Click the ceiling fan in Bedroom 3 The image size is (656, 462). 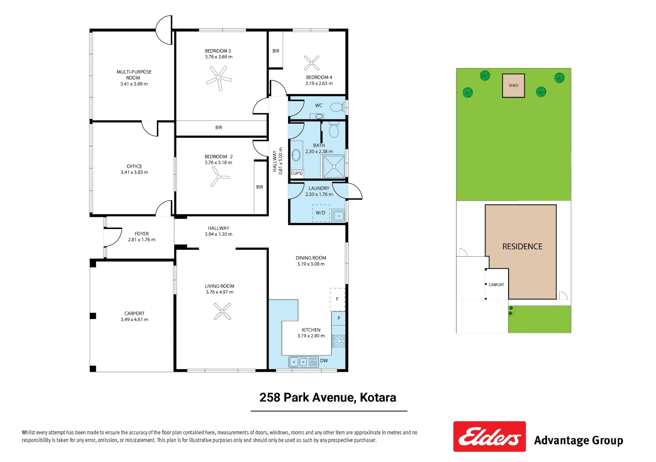(219, 78)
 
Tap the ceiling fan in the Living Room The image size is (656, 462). (222, 311)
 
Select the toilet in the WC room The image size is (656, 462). (337, 107)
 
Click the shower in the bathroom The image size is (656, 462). (334, 166)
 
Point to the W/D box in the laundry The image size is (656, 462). (321, 213)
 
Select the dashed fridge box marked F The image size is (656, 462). (337, 299)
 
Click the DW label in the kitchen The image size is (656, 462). (324, 361)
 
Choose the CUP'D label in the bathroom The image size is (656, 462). (297, 173)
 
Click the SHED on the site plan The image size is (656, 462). (513, 86)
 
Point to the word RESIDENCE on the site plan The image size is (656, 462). (522, 246)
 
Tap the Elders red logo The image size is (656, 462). (489, 436)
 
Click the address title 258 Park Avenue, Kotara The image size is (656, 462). (328, 397)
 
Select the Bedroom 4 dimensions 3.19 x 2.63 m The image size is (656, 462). (319, 83)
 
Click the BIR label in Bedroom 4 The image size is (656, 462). (276, 51)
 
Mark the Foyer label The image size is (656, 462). (142, 234)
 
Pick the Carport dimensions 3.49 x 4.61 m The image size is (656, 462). (135, 320)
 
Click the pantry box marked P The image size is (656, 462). (338, 318)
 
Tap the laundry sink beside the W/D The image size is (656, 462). (339, 216)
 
